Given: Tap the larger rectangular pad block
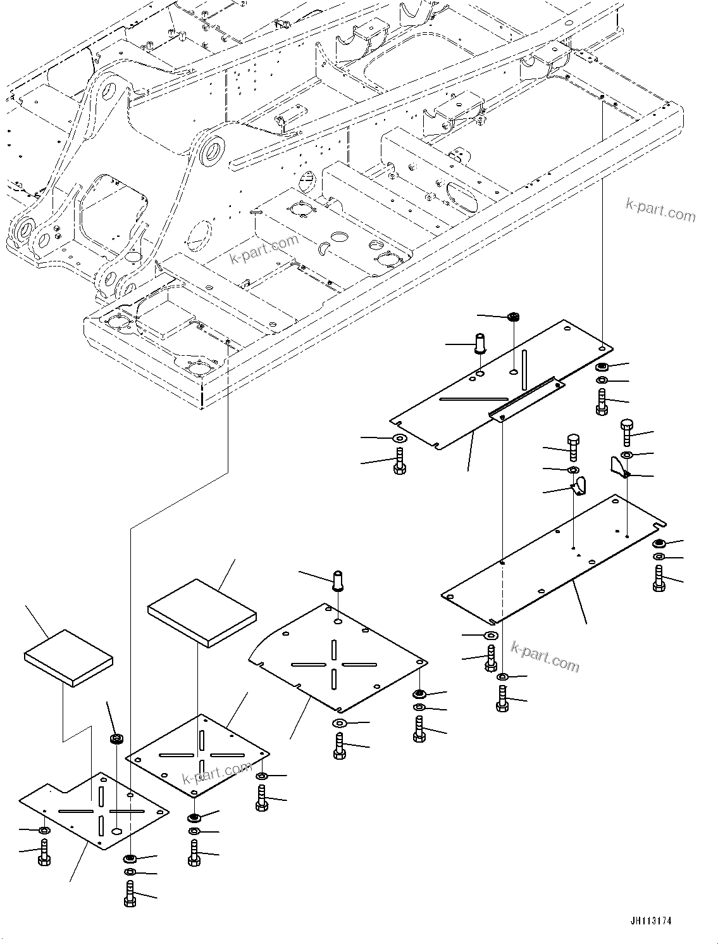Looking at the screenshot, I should [202, 612].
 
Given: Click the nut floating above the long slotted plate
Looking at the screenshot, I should [514, 317].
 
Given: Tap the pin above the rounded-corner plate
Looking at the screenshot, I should [338, 580].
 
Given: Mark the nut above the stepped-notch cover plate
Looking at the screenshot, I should [116, 738].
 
